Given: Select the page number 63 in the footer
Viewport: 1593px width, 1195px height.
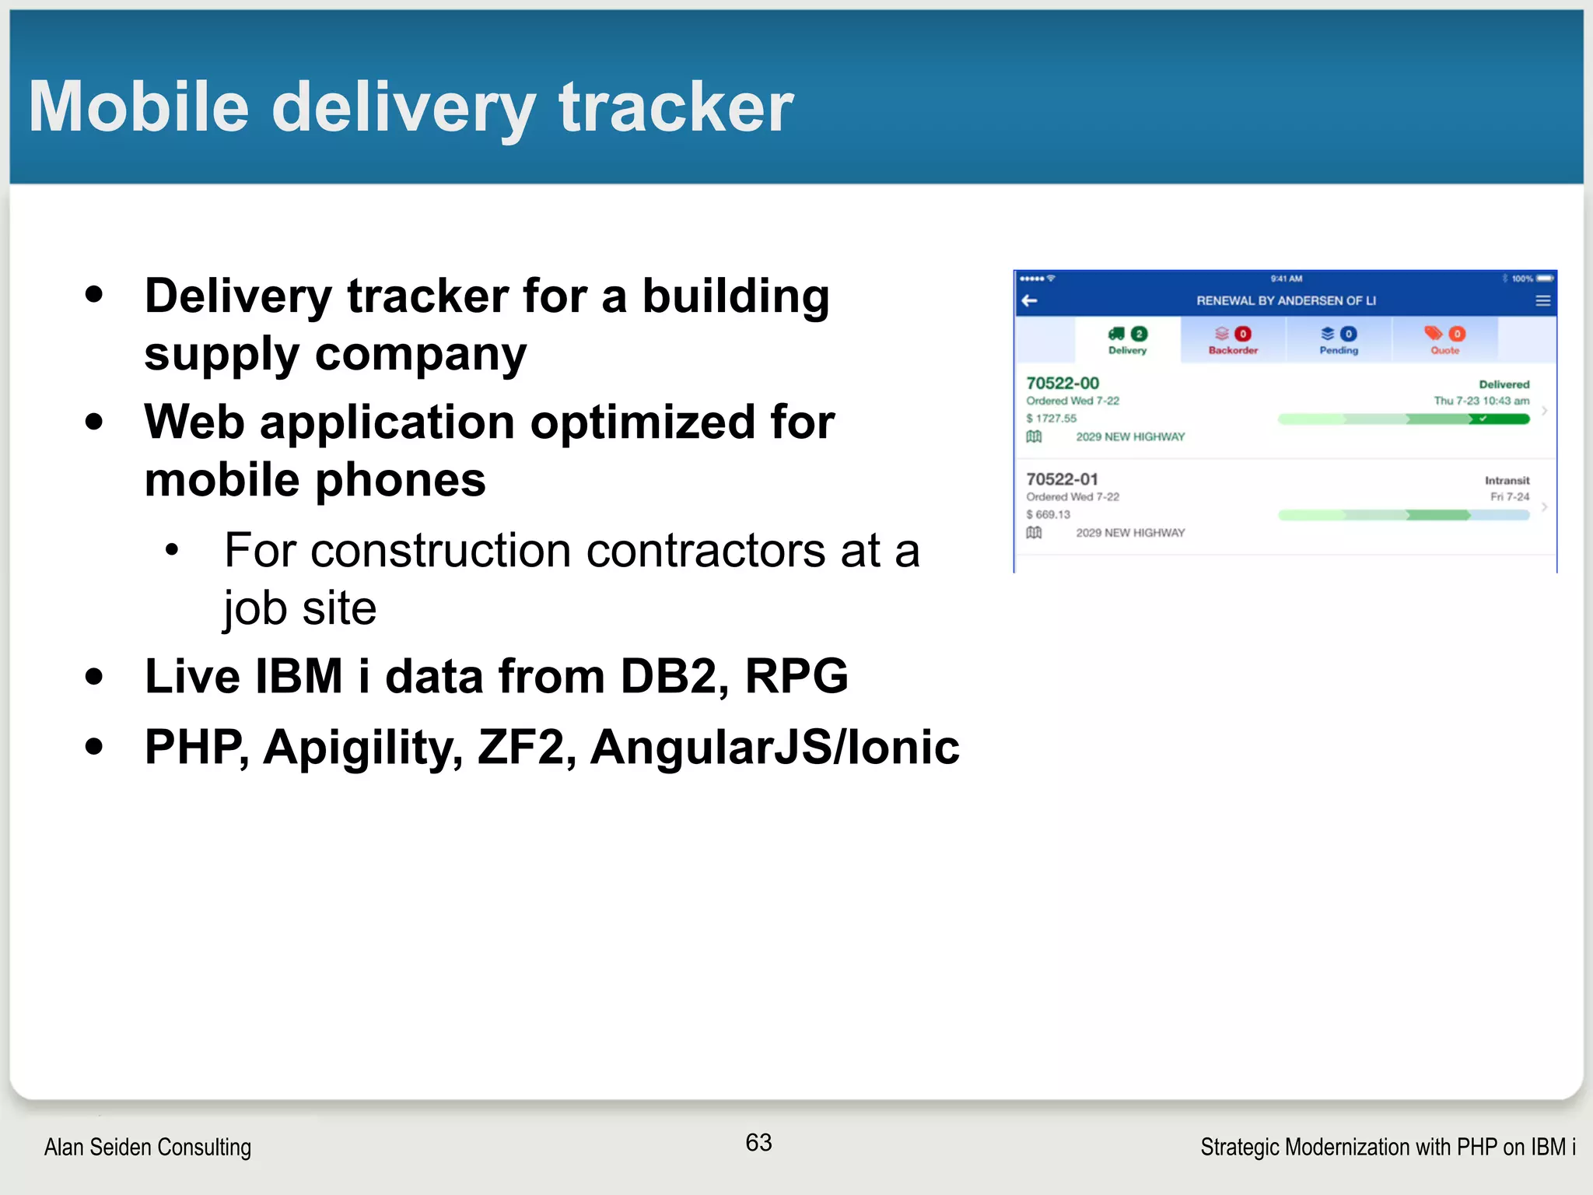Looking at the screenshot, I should (x=758, y=1142).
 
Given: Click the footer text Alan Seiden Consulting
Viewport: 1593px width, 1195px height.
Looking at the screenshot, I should (x=148, y=1147).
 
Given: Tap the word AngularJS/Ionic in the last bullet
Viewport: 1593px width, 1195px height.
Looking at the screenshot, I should (x=775, y=747).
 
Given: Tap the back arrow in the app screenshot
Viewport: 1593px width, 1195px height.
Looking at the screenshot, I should (x=1030, y=300).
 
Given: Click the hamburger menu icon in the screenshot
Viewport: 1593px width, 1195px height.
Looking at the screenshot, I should (x=1543, y=300).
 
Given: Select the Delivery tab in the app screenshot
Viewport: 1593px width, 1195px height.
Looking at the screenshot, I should (x=1127, y=341).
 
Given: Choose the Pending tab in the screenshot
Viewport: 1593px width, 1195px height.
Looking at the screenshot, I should (x=1339, y=341).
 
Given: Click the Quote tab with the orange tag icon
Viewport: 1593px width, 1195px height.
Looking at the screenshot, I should (x=1444, y=341).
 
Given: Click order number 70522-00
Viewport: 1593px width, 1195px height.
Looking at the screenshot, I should (x=1063, y=383).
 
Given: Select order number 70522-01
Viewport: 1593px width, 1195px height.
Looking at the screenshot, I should (x=1062, y=478).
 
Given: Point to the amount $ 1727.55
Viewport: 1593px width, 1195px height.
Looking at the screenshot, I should (x=1052, y=418).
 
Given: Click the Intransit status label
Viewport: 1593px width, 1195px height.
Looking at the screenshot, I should (x=1507, y=480).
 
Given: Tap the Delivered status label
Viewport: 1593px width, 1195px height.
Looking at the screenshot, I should (x=1504, y=384).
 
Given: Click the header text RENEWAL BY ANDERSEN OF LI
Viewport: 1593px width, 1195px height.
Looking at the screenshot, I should (x=1286, y=300).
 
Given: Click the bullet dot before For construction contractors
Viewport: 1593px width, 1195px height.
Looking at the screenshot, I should (x=173, y=550).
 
